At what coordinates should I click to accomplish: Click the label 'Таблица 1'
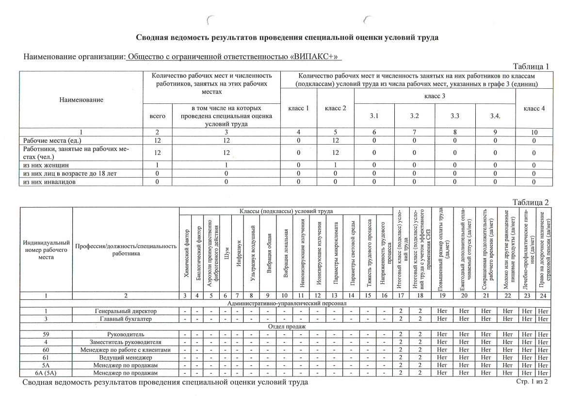click(x=531, y=66)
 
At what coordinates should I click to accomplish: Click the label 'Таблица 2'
click(x=531, y=202)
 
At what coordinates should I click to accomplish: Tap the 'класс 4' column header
click(x=534, y=108)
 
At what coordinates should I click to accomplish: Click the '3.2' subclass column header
click(x=414, y=116)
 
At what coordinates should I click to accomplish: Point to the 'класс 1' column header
click(x=299, y=108)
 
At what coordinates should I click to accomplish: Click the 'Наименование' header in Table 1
click(x=81, y=99)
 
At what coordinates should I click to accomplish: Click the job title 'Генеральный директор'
click(x=126, y=311)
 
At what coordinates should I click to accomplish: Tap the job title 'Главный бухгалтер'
click(x=126, y=319)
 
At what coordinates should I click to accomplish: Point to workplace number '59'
click(x=46, y=334)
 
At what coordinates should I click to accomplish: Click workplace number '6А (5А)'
click(x=46, y=373)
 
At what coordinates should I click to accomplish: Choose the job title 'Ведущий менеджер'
click(x=126, y=357)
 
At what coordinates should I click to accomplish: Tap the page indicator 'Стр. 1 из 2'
click(x=533, y=382)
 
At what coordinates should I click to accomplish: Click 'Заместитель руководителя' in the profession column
click(x=126, y=342)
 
